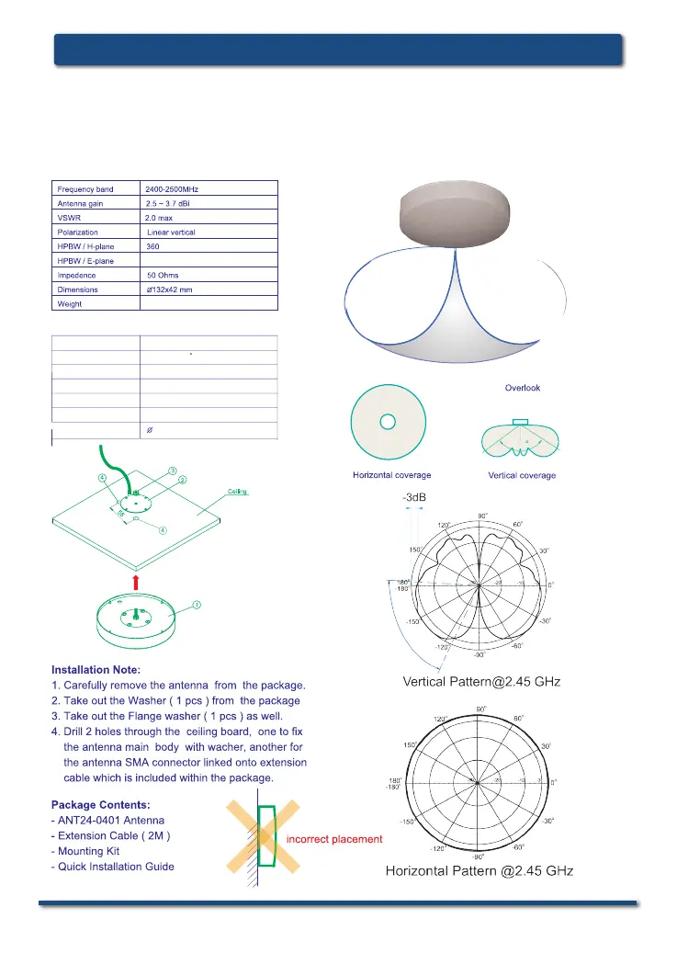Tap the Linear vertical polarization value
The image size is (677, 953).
click(x=172, y=233)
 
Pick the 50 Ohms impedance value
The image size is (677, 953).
click(x=164, y=275)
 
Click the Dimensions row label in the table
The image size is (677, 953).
click(x=77, y=289)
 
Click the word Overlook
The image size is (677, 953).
click(x=522, y=388)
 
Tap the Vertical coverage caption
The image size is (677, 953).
click(x=521, y=475)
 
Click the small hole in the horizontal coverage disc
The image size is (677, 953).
click(x=389, y=422)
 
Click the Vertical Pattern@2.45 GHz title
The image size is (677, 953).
click(x=481, y=682)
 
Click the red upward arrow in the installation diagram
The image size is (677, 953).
click(x=135, y=581)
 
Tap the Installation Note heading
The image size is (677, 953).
click(x=96, y=669)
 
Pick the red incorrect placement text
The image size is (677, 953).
click(x=334, y=839)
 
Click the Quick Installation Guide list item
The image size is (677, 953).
click(x=113, y=867)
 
